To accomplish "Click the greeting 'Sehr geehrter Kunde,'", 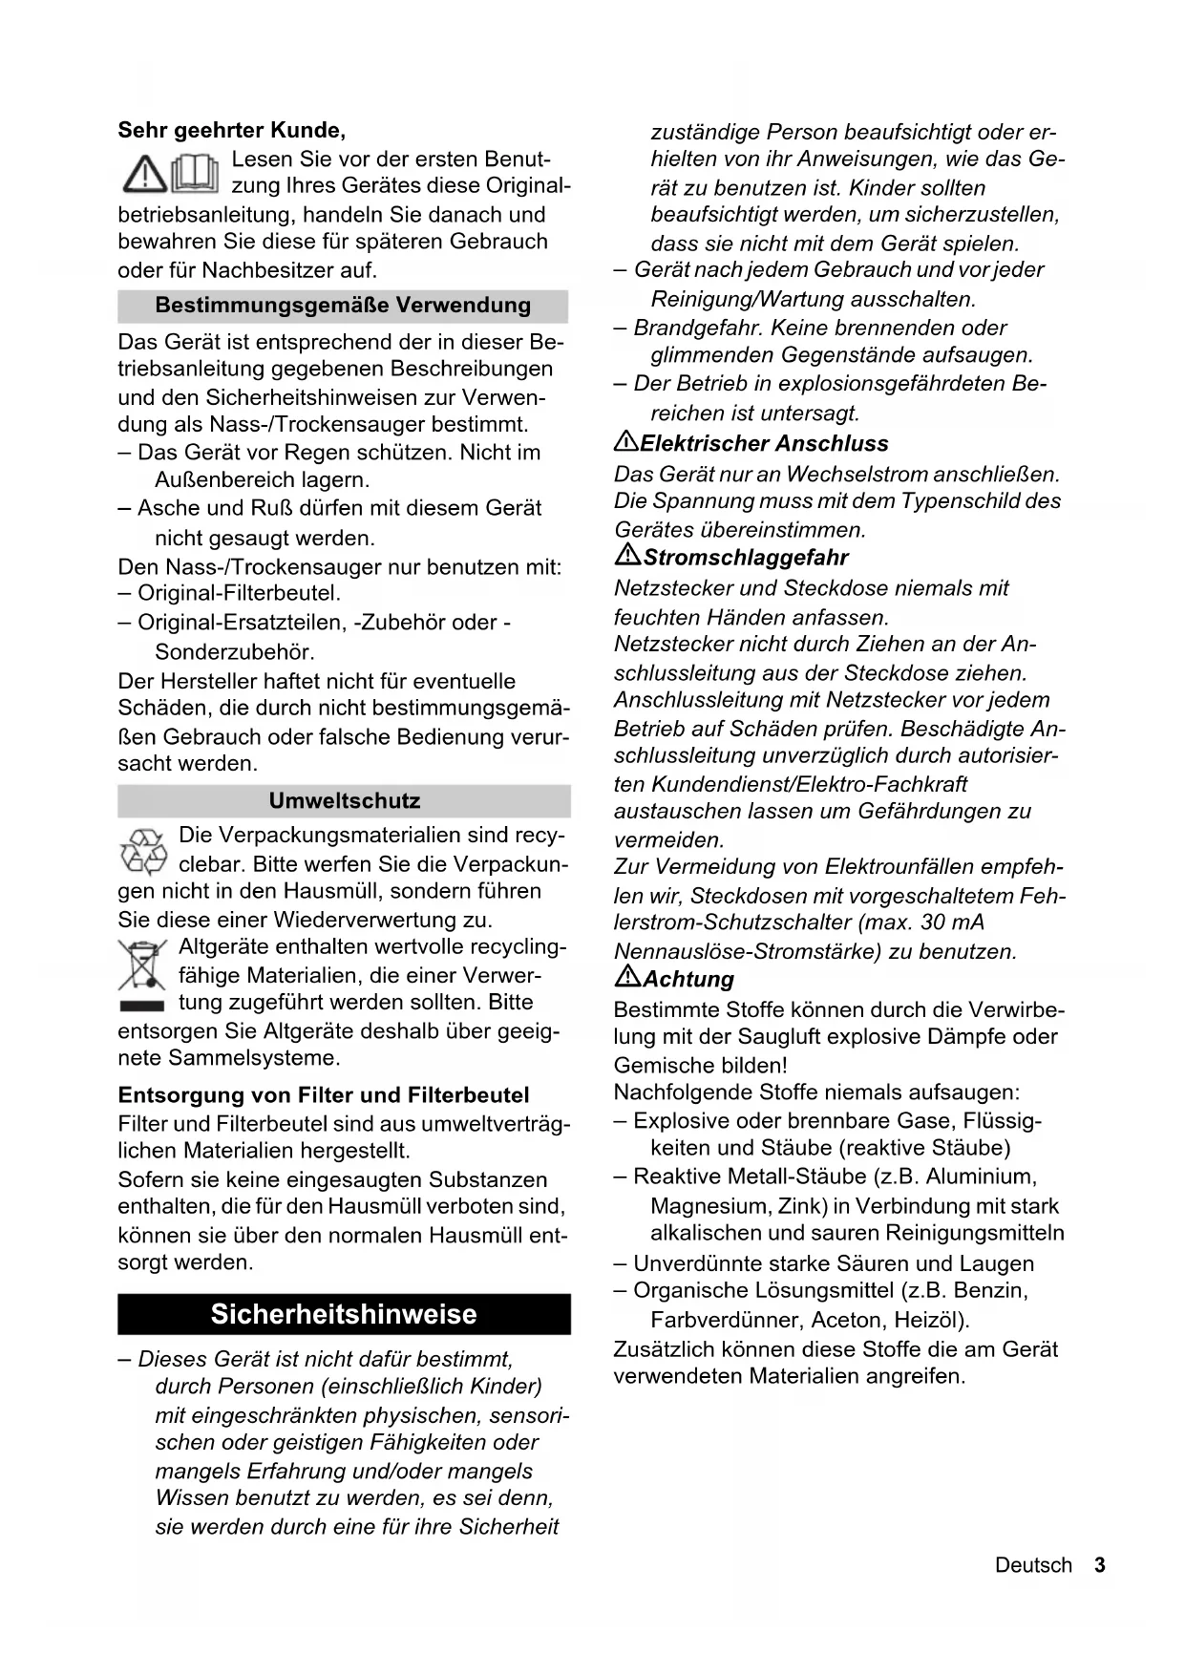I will tap(231, 130).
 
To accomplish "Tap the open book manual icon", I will tap(195, 173).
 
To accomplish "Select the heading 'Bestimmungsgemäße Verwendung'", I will tap(343, 306).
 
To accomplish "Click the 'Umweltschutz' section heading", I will tap(344, 800).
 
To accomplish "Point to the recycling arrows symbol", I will tap(143, 851).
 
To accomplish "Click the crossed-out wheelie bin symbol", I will tap(141, 965).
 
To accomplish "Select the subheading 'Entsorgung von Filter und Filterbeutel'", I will tap(323, 1094).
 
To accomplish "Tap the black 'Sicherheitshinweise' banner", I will tap(344, 1314).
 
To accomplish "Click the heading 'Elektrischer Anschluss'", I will tap(764, 443).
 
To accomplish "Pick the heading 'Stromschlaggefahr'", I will tap(745, 557).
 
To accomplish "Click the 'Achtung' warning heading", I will tap(688, 979).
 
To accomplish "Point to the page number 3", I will tap(1100, 1565).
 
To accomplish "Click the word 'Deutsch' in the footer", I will tap(1033, 1565).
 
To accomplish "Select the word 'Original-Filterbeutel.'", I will tap(239, 593).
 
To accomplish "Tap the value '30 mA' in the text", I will tap(952, 922).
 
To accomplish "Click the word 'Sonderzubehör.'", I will tap(235, 652).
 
